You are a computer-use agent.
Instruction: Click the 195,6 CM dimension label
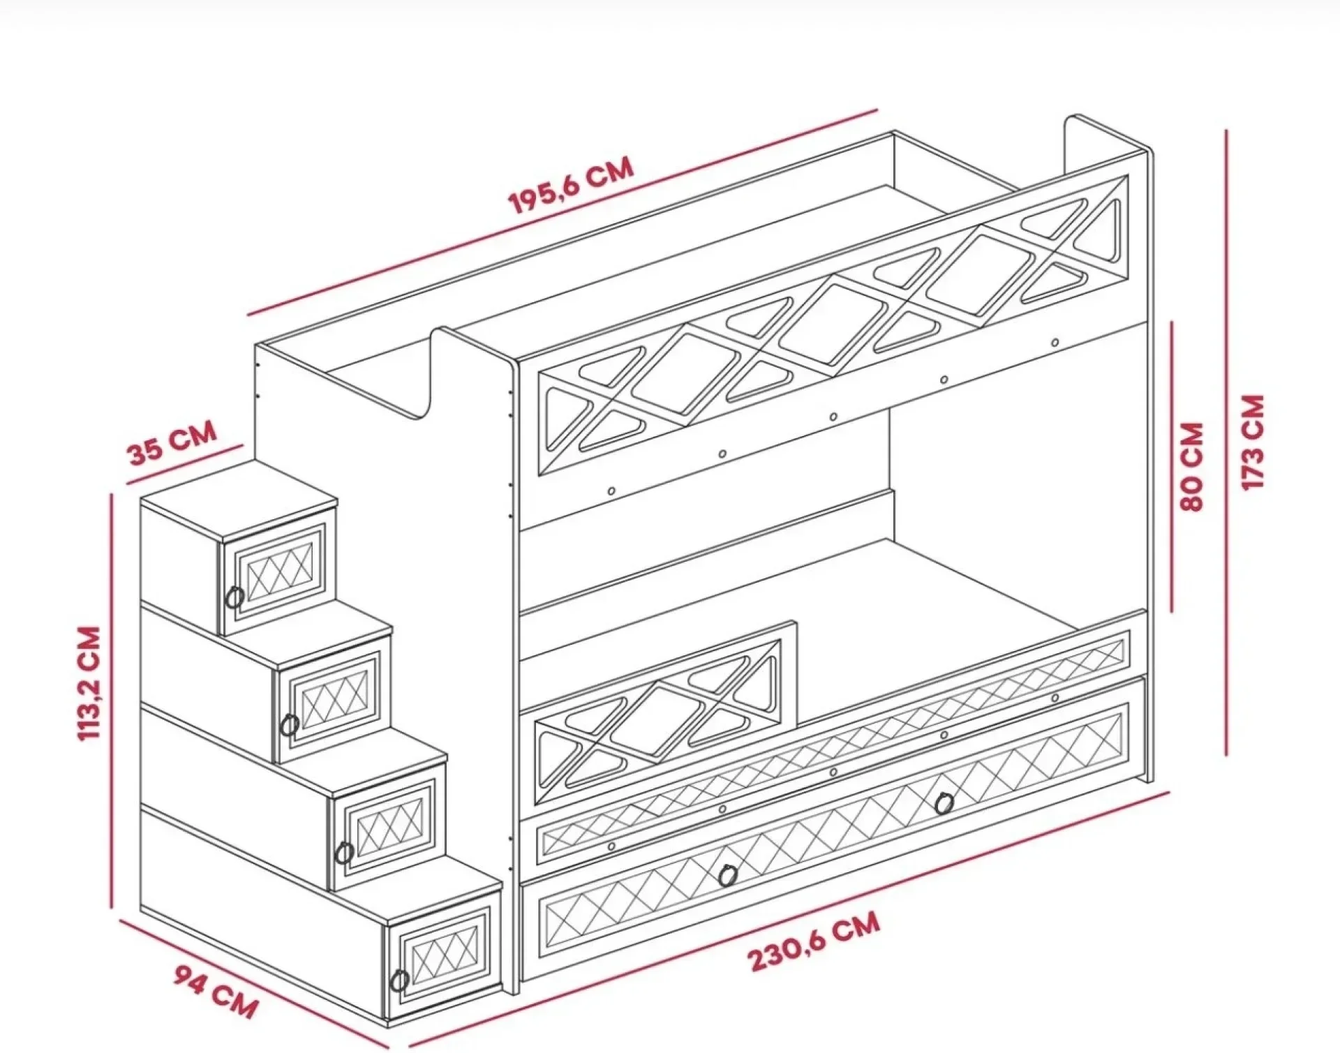point(572,185)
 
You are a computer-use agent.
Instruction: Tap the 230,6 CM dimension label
point(814,941)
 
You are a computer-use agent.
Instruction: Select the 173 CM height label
point(1253,442)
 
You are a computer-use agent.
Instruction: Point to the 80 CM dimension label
point(1192,466)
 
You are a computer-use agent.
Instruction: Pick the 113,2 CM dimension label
point(90,683)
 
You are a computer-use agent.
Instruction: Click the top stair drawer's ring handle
point(235,597)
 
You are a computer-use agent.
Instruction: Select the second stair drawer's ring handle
point(290,724)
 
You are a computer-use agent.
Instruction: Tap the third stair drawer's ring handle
point(343,852)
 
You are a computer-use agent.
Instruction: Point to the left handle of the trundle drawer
point(728,874)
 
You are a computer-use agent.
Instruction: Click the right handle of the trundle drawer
point(944,803)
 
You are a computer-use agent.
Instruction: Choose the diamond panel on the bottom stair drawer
point(443,954)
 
